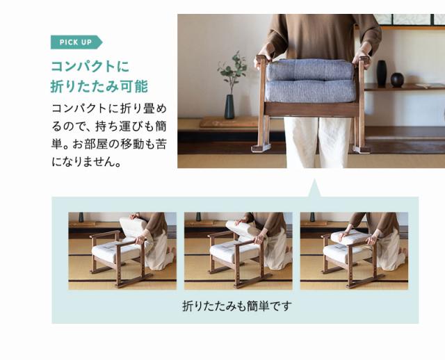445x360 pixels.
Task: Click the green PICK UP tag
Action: [x=75, y=42]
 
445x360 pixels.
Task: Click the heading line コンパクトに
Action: [x=90, y=67]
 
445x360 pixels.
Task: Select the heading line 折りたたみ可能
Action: [x=100, y=87]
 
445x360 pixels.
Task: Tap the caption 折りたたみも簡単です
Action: [x=236, y=306]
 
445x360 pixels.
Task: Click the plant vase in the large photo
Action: [x=229, y=106]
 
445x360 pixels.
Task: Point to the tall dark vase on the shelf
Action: [x=381, y=73]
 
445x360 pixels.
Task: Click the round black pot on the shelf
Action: [x=397, y=80]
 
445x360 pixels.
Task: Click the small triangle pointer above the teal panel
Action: [x=314, y=188]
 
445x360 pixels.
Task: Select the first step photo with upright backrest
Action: [x=122, y=250]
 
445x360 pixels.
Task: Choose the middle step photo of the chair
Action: [x=238, y=250]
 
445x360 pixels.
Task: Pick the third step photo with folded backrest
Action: [x=354, y=250]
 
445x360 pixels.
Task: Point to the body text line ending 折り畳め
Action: [x=110, y=111]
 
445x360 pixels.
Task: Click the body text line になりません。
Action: [x=86, y=163]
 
